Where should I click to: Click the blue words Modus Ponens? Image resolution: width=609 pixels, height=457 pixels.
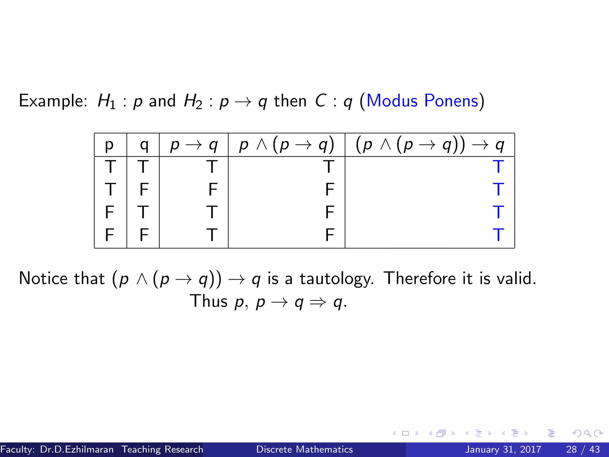(422, 101)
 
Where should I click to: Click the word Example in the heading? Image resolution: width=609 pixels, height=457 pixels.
(52, 101)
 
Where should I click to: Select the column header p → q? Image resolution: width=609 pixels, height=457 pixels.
(194, 145)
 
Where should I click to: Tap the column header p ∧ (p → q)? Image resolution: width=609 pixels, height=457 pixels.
(286, 145)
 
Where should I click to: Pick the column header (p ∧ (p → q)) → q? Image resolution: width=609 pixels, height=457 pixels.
(430, 145)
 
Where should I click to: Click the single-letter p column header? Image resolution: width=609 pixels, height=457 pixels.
(109, 145)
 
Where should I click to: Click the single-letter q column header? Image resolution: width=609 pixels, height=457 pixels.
(144, 145)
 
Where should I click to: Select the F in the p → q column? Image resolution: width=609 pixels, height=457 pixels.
(213, 189)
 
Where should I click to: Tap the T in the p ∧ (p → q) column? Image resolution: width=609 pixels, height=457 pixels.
(329, 167)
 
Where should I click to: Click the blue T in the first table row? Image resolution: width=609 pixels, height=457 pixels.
(498, 167)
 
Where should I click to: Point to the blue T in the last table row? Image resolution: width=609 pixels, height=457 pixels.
(498, 235)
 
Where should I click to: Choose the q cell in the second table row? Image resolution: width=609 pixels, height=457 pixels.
(144, 189)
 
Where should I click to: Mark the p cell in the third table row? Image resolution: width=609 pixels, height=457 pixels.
(109, 212)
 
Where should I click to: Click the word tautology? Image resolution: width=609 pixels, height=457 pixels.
(336, 279)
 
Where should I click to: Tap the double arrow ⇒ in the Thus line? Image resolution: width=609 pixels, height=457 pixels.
(318, 302)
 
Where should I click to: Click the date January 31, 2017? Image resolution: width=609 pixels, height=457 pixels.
(503, 449)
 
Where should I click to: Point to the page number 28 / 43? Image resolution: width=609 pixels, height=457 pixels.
(583, 449)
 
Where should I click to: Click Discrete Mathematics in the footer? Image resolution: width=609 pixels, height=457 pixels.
(304, 449)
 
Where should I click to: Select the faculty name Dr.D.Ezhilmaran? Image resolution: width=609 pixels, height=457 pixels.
(77, 449)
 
